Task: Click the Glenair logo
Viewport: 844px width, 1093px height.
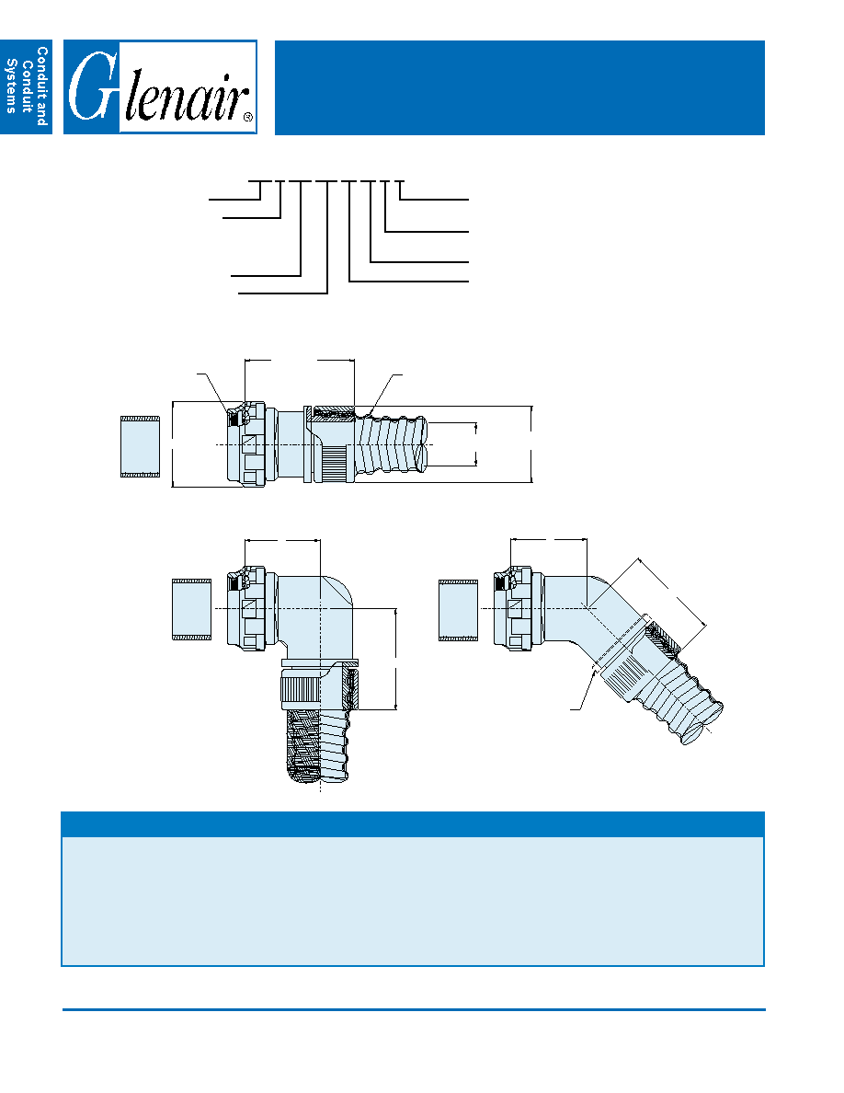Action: tap(160, 87)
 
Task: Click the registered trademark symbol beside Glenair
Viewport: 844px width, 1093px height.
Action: tap(248, 118)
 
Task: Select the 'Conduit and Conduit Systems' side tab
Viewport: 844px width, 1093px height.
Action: tap(26, 87)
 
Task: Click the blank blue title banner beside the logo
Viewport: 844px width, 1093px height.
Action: tap(519, 87)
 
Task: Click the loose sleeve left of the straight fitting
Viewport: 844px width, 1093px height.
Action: tap(140, 447)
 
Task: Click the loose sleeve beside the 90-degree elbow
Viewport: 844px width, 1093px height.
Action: tap(191, 609)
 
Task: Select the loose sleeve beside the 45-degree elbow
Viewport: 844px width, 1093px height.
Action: tap(458, 610)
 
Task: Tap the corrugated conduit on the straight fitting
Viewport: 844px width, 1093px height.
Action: tap(392, 444)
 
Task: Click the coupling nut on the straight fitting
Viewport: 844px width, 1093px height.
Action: tap(247, 444)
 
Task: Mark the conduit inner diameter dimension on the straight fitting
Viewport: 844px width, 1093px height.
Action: tap(476, 444)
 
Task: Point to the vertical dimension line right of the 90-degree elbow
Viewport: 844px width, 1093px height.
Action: tap(396, 659)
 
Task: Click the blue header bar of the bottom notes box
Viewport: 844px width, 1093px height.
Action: tap(413, 824)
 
